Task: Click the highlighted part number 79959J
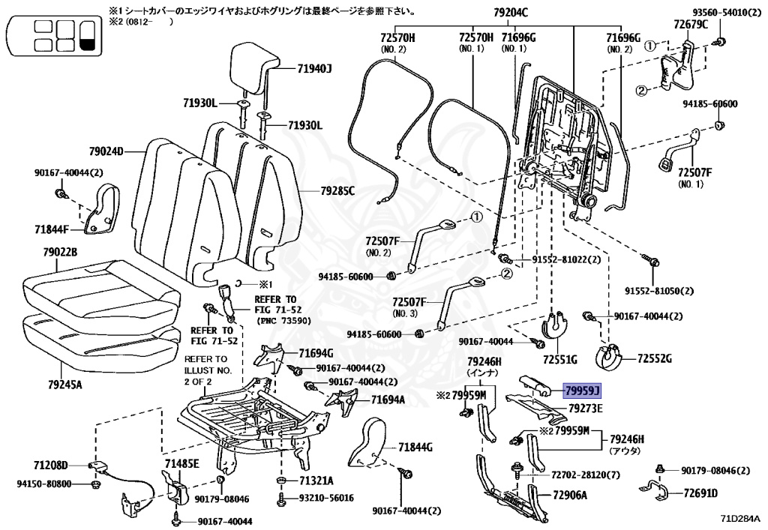(x=582, y=391)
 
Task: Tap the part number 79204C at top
(x=510, y=13)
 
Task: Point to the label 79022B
(x=60, y=253)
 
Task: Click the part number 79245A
(x=64, y=385)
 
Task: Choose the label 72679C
(x=691, y=25)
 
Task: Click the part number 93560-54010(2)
(x=727, y=13)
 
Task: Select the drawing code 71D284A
(x=740, y=518)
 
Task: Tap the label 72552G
(x=654, y=359)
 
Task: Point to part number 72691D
(x=700, y=493)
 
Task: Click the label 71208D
(x=50, y=465)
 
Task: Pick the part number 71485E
(x=181, y=463)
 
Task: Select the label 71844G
(x=415, y=447)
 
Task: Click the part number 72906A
(x=570, y=495)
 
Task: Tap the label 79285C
(x=337, y=190)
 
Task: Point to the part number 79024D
(x=106, y=151)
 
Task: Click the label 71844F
(x=52, y=229)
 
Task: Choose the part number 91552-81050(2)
(x=658, y=291)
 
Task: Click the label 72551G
(x=559, y=360)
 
